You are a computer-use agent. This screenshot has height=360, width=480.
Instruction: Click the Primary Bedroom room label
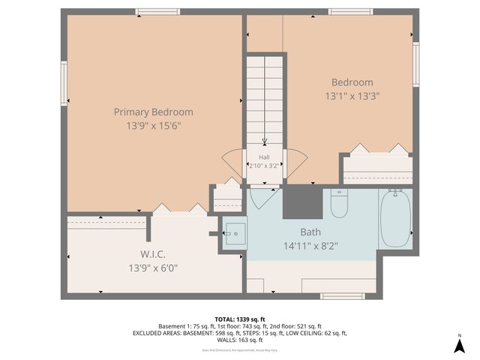[153, 112]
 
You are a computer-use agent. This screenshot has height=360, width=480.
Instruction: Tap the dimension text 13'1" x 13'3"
[352, 96]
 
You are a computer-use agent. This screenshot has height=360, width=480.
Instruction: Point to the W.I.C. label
[153, 253]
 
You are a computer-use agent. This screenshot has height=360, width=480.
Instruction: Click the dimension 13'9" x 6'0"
[153, 267]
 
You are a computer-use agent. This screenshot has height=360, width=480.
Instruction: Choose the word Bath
[310, 232]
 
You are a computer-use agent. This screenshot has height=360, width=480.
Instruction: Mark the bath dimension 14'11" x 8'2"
[310, 245]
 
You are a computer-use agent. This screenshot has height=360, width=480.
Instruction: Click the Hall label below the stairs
[264, 157]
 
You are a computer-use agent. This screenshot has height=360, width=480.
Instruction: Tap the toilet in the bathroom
[339, 202]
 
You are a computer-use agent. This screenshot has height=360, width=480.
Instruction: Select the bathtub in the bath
[394, 218]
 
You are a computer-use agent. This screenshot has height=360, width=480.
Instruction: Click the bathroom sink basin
[235, 232]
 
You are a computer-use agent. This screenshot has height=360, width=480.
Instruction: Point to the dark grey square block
[302, 202]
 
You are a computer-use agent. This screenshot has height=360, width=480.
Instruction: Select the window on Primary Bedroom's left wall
[64, 84]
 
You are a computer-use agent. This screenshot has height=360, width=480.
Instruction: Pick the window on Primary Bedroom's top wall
[157, 12]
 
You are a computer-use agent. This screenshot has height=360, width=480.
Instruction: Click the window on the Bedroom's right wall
[415, 64]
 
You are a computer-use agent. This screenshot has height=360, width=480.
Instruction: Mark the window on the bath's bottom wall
[342, 296]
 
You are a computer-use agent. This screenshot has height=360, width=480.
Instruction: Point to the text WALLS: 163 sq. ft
[240, 340]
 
